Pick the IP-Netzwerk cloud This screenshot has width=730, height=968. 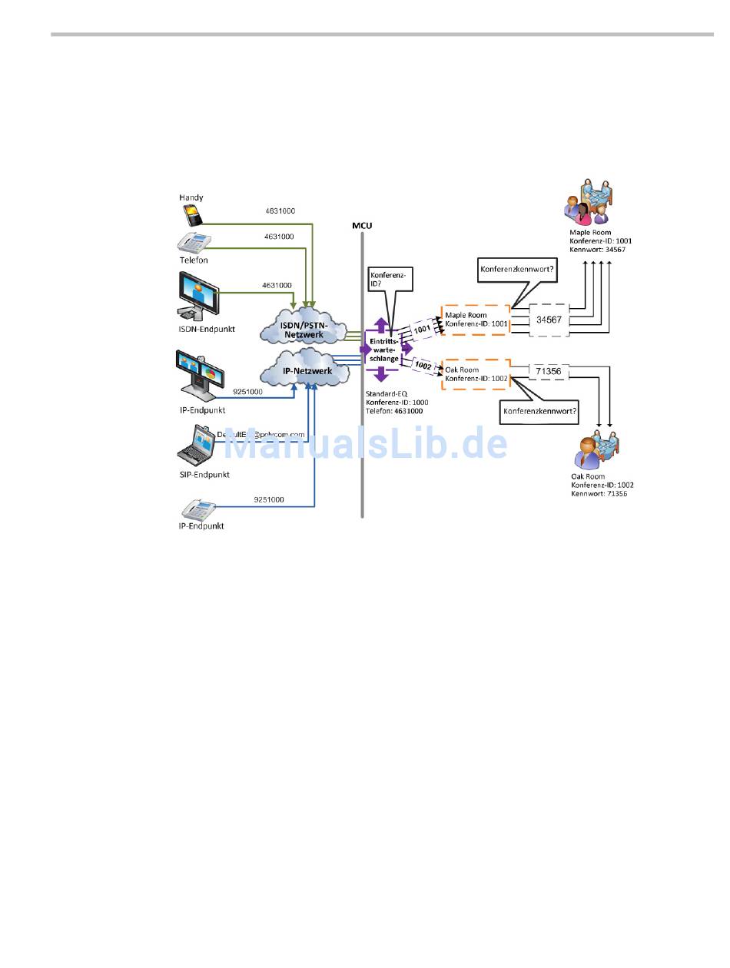(300, 371)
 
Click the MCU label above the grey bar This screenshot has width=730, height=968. (362, 226)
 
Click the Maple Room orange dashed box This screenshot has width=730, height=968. (476, 320)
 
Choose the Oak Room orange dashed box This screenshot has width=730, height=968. (476, 374)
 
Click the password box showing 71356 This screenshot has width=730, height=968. (549, 371)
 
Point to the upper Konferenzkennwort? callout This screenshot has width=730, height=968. (519, 270)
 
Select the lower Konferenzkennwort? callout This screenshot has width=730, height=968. (539, 411)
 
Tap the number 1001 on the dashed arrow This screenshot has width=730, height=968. (423, 330)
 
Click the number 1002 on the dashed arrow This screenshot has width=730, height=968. (423, 365)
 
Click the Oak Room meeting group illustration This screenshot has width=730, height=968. (596, 451)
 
